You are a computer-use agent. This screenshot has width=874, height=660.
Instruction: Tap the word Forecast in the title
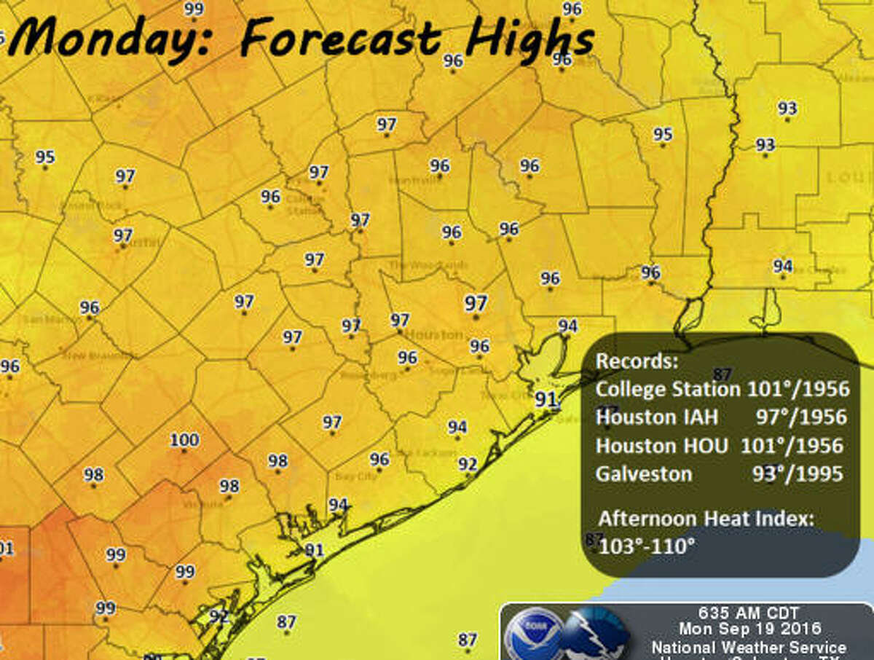[x=341, y=37]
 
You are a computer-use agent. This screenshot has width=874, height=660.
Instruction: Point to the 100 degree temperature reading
[x=184, y=440]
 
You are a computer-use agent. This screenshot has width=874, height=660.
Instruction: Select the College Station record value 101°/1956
[x=798, y=389]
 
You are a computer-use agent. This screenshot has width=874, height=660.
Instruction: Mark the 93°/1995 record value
[x=798, y=474]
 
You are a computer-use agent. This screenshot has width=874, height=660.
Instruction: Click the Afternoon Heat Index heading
[x=706, y=519]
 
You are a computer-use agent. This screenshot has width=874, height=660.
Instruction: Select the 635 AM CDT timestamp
[x=749, y=612]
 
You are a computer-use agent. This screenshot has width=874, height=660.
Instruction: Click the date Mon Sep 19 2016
[x=749, y=628]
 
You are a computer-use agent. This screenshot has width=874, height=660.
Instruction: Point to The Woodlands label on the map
[x=417, y=265]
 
